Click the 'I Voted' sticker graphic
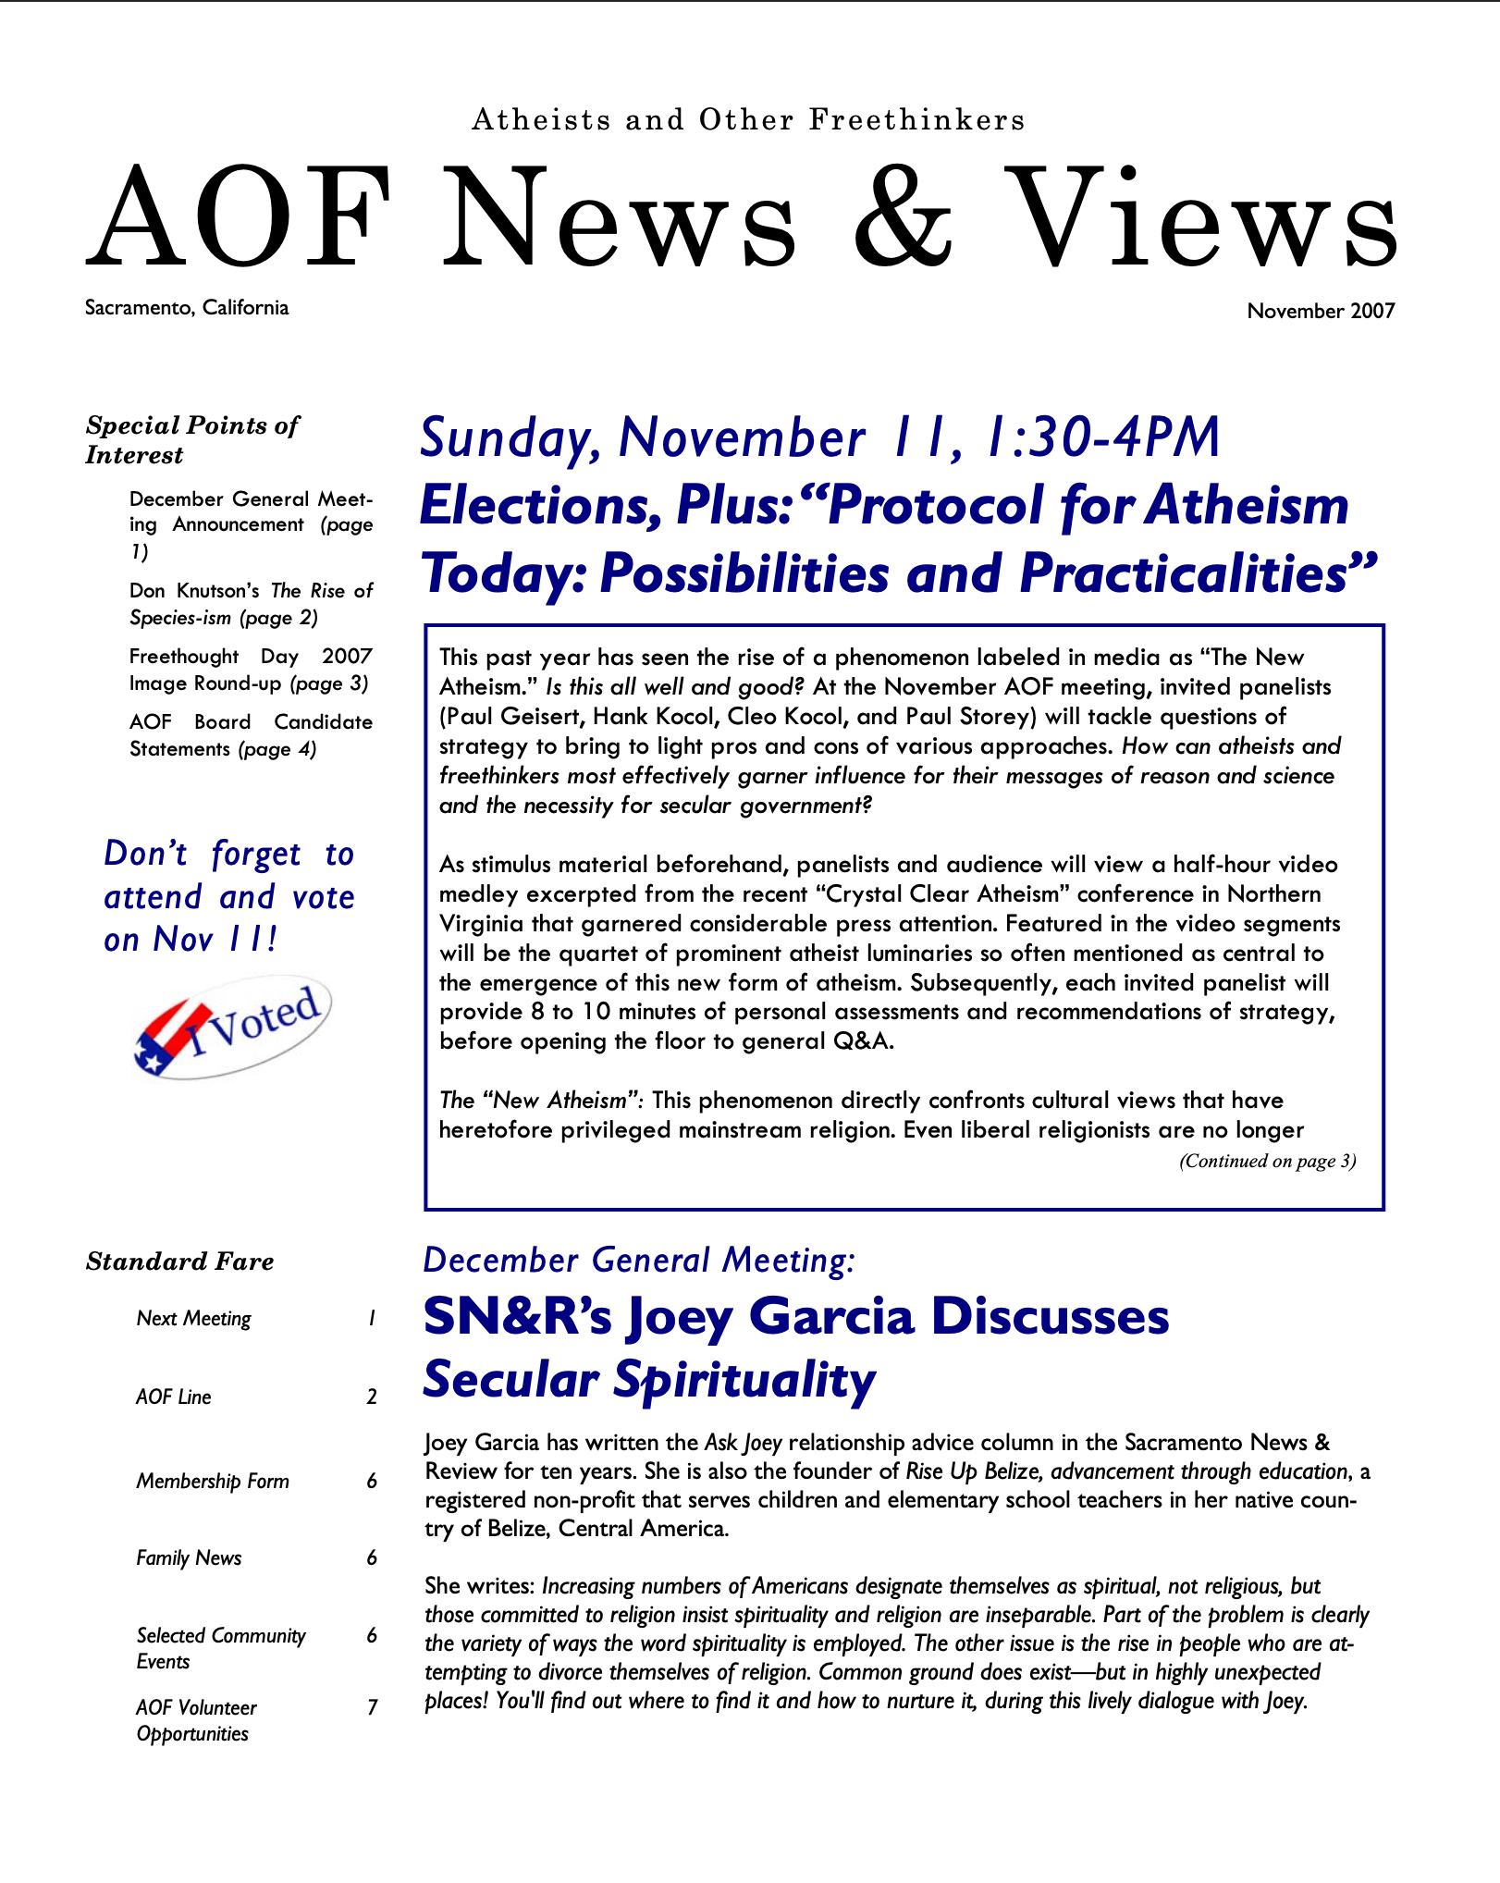[233, 1028]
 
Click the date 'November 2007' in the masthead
[1320, 312]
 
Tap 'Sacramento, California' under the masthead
[187, 308]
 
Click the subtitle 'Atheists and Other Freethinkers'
[748, 120]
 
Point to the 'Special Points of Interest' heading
[192, 439]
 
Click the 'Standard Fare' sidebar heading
[179, 1261]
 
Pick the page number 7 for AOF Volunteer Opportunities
[372, 1707]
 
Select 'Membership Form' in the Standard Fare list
[213, 1482]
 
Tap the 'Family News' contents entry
[189, 1558]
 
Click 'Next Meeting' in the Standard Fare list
[193, 1319]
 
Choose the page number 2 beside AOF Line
[372, 1397]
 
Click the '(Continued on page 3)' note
[1267, 1162]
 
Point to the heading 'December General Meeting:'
[639, 1261]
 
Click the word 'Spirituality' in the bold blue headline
[744, 1381]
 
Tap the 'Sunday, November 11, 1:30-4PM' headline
[819, 438]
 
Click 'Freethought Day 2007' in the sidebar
[251, 657]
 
